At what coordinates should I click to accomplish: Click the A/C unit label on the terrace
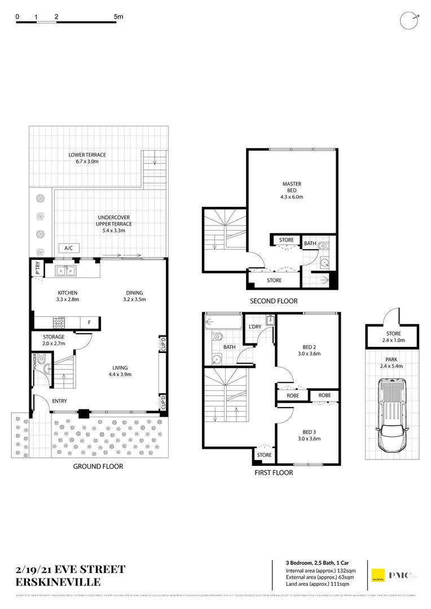click(68, 248)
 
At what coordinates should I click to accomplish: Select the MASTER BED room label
click(292, 190)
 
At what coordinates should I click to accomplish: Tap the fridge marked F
click(89, 323)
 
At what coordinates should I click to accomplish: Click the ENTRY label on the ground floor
click(59, 401)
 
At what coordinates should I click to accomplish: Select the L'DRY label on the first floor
click(254, 326)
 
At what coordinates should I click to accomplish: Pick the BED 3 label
click(308, 435)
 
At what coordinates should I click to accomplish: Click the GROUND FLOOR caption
click(98, 466)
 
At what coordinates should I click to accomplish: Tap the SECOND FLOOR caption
click(274, 301)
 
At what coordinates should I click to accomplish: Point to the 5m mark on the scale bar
click(118, 17)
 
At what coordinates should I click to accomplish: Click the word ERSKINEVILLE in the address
click(59, 582)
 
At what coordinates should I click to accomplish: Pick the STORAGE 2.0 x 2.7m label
click(54, 340)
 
